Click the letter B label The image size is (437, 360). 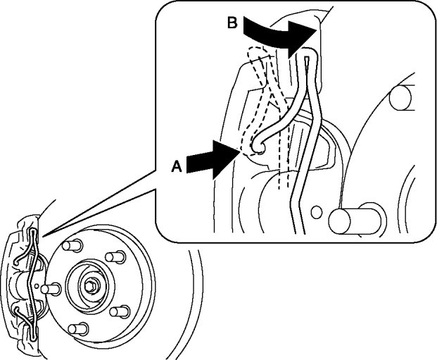[x=232, y=23]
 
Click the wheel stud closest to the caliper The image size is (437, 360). [x=48, y=287]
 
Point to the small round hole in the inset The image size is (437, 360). [x=319, y=210]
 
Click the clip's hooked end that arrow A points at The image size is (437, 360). [x=258, y=145]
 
